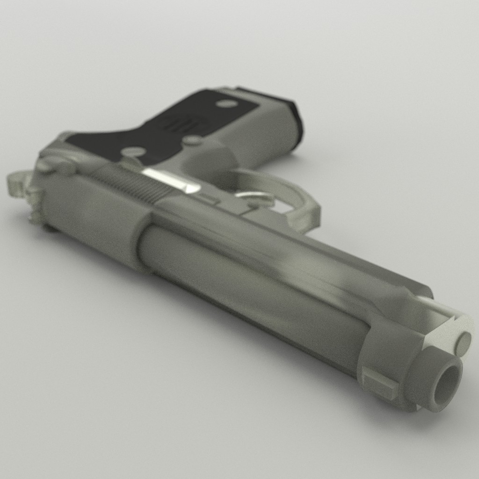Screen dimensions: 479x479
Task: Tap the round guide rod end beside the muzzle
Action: coord(464,343)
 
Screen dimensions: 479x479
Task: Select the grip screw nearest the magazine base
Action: coord(227,103)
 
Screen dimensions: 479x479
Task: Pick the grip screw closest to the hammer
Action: coord(134,152)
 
